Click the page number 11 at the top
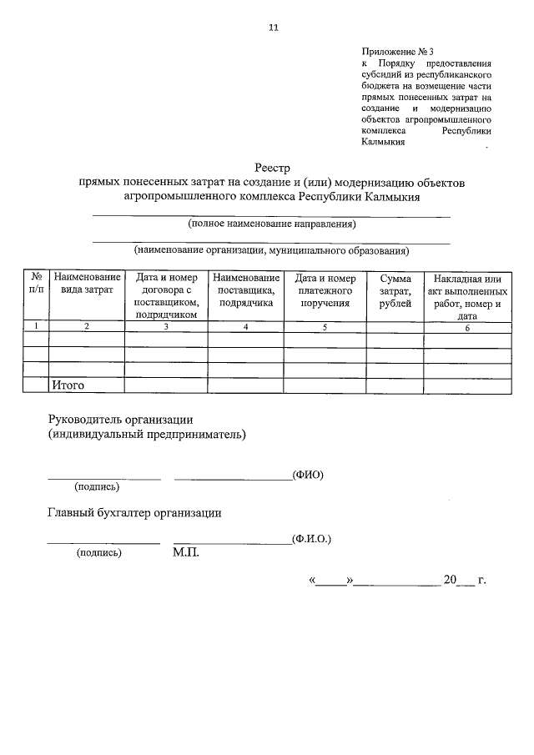click(x=273, y=28)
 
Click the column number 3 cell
click(x=166, y=326)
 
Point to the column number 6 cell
click(x=467, y=326)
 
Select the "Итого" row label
click(x=68, y=385)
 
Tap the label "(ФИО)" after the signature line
click(x=308, y=475)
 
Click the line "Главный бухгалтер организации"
click(x=134, y=513)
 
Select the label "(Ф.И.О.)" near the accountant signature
click(x=312, y=539)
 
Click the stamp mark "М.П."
click(x=186, y=552)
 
